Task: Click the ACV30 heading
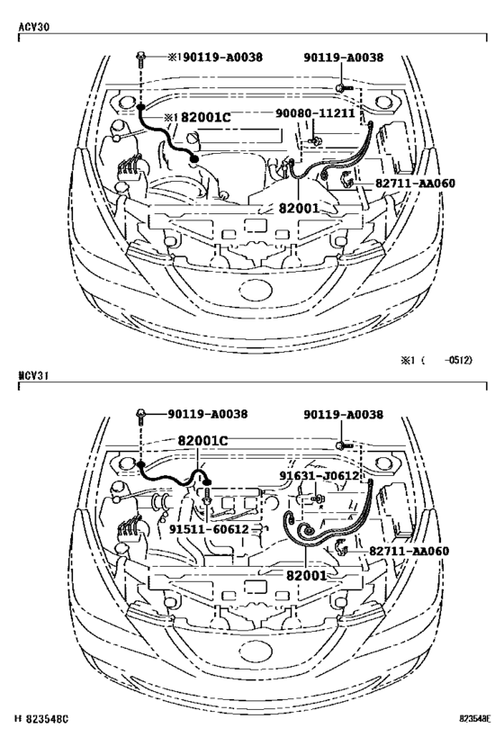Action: (32, 27)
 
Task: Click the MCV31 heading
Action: (32, 373)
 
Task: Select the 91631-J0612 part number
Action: (319, 477)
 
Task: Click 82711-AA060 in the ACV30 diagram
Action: (415, 184)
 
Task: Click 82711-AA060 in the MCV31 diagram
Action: (409, 551)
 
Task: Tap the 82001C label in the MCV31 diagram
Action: (202, 442)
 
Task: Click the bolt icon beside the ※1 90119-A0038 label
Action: (141, 59)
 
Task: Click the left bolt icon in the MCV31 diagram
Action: (141, 415)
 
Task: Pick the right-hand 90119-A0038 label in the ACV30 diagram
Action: (343, 58)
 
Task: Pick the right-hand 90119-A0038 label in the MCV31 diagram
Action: (343, 415)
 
